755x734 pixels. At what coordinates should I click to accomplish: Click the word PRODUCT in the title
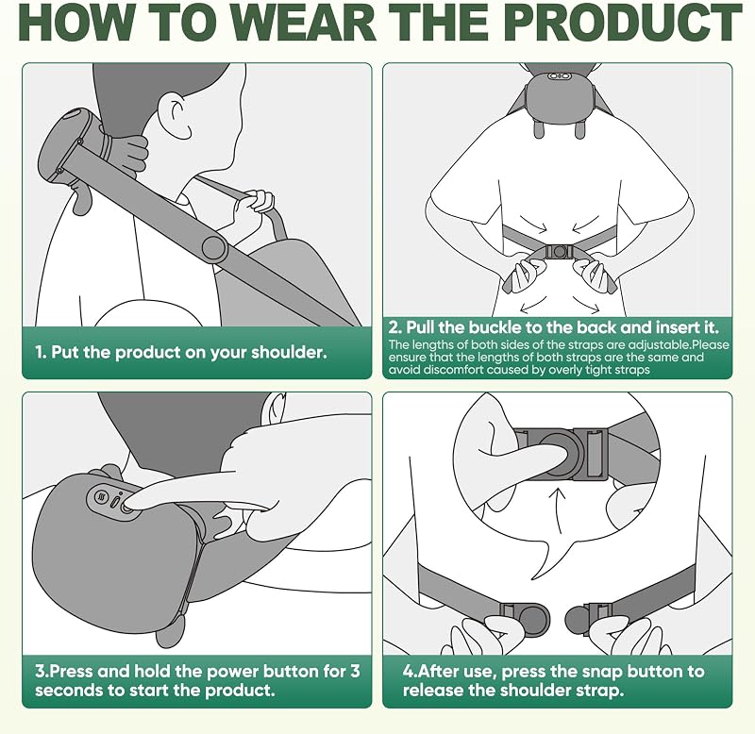(x=623, y=23)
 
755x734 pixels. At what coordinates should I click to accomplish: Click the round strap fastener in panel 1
(x=215, y=249)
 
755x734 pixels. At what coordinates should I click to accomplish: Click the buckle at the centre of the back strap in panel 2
(x=560, y=251)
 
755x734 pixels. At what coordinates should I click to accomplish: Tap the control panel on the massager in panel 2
(x=559, y=76)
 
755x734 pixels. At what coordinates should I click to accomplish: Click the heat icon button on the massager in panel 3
(x=102, y=496)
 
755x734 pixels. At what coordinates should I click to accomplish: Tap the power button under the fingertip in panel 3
(x=126, y=508)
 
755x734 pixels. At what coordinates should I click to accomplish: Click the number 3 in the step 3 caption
(x=355, y=671)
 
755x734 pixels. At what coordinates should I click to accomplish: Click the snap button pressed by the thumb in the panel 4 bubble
(x=560, y=453)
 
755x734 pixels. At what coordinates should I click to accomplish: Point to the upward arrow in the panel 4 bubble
(x=559, y=511)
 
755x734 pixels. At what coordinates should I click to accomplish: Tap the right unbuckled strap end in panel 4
(x=588, y=618)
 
